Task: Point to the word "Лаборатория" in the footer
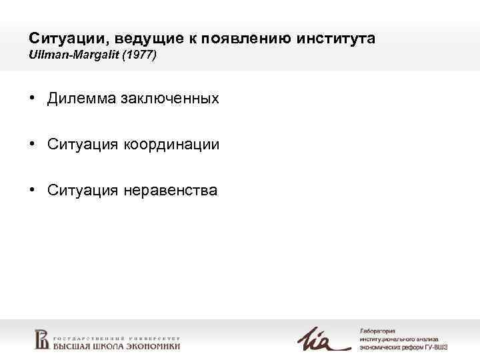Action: (377, 331)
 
